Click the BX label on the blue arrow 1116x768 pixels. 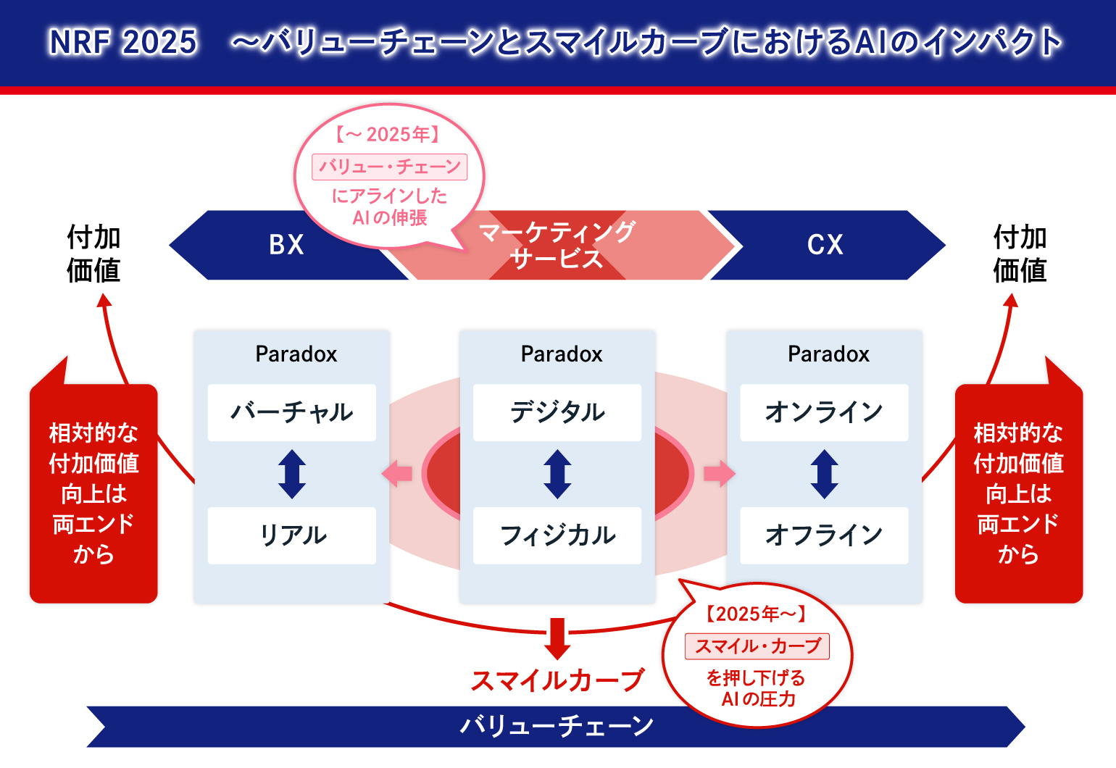pyautogui.click(x=286, y=245)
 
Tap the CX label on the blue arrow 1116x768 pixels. pyautogui.click(x=825, y=245)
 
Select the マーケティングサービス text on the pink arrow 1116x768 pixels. pyautogui.click(x=557, y=245)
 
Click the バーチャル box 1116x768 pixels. pyautogui.click(x=291, y=412)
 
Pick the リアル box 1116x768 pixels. pyautogui.click(x=291, y=535)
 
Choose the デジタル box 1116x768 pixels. pyautogui.click(x=557, y=412)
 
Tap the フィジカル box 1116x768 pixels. pyautogui.click(x=557, y=535)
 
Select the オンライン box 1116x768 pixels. pyautogui.click(x=824, y=412)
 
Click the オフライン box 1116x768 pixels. pyautogui.click(x=824, y=535)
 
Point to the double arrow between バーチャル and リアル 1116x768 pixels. pyautogui.click(x=292, y=474)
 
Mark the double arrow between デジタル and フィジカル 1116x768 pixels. pyautogui.click(x=557, y=474)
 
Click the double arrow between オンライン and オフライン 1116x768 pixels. pyautogui.click(x=825, y=474)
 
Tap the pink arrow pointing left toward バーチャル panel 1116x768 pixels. pyautogui.click(x=397, y=474)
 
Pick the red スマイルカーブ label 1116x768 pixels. pyautogui.click(x=557, y=680)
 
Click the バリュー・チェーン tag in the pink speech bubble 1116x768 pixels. pyautogui.click(x=389, y=167)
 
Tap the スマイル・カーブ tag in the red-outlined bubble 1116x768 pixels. pyautogui.click(x=757, y=646)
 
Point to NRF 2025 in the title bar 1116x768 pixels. pyautogui.click(x=123, y=42)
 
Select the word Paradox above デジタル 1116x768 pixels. pyautogui.click(x=562, y=354)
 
